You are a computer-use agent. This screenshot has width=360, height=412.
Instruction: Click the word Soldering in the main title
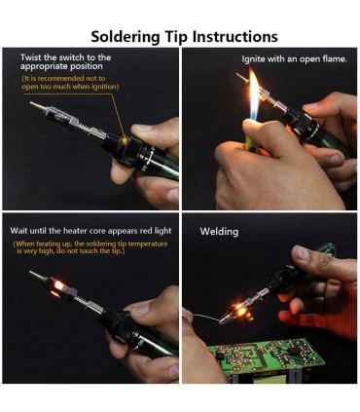126,37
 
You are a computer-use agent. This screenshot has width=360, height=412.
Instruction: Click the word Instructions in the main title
235,36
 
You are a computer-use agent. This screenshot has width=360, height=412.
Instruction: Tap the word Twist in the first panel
31,57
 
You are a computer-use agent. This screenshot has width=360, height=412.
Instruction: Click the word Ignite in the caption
253,59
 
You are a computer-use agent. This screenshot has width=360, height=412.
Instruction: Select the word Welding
219,232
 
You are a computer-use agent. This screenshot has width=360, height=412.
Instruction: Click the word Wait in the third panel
18,231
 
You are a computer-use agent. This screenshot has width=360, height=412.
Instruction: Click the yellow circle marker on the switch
125,140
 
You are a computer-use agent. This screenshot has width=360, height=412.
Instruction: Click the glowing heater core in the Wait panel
58,285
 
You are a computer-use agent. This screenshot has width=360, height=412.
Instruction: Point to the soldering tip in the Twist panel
38,106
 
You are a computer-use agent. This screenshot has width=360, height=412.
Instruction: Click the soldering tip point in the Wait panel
30,272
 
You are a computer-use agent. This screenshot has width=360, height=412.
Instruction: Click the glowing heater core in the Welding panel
240,310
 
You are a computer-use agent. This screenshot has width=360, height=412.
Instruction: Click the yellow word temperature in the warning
148,244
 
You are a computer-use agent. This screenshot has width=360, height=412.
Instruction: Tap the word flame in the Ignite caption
335,59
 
